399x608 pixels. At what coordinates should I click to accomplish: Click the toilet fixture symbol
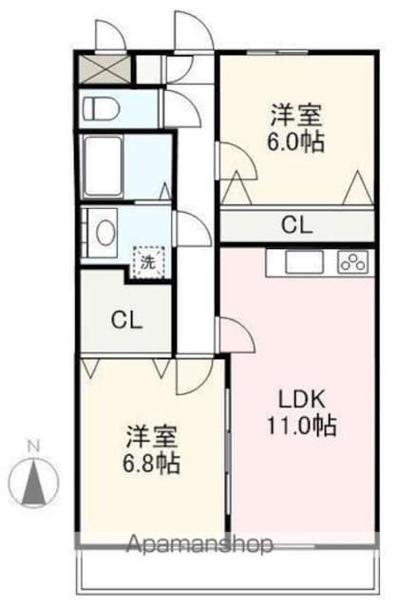pos(101,108)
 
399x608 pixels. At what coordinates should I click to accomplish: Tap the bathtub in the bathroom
pos(104,166)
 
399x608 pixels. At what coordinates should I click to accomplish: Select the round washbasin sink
pos(105,233)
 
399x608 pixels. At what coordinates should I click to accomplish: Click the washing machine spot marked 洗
pos(149,262)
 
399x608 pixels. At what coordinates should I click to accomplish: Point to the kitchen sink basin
pos(304,262)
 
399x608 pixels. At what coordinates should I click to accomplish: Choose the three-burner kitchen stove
pos(353,263)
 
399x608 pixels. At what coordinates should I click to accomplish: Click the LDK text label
pos(301,400)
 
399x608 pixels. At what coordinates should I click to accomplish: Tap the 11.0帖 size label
pos(301,426)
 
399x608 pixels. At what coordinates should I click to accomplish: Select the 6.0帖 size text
pos(295,142)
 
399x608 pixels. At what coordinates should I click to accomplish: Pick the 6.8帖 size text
pos(151,463)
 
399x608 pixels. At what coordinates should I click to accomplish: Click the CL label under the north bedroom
pos(296,225)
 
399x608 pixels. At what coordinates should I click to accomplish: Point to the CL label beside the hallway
pos(126,320)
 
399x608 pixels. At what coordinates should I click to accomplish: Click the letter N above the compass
pos(34,446)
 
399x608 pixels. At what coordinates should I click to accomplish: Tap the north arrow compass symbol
pos(34,484)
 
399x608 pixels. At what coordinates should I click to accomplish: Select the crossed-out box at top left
pos(105,69)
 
